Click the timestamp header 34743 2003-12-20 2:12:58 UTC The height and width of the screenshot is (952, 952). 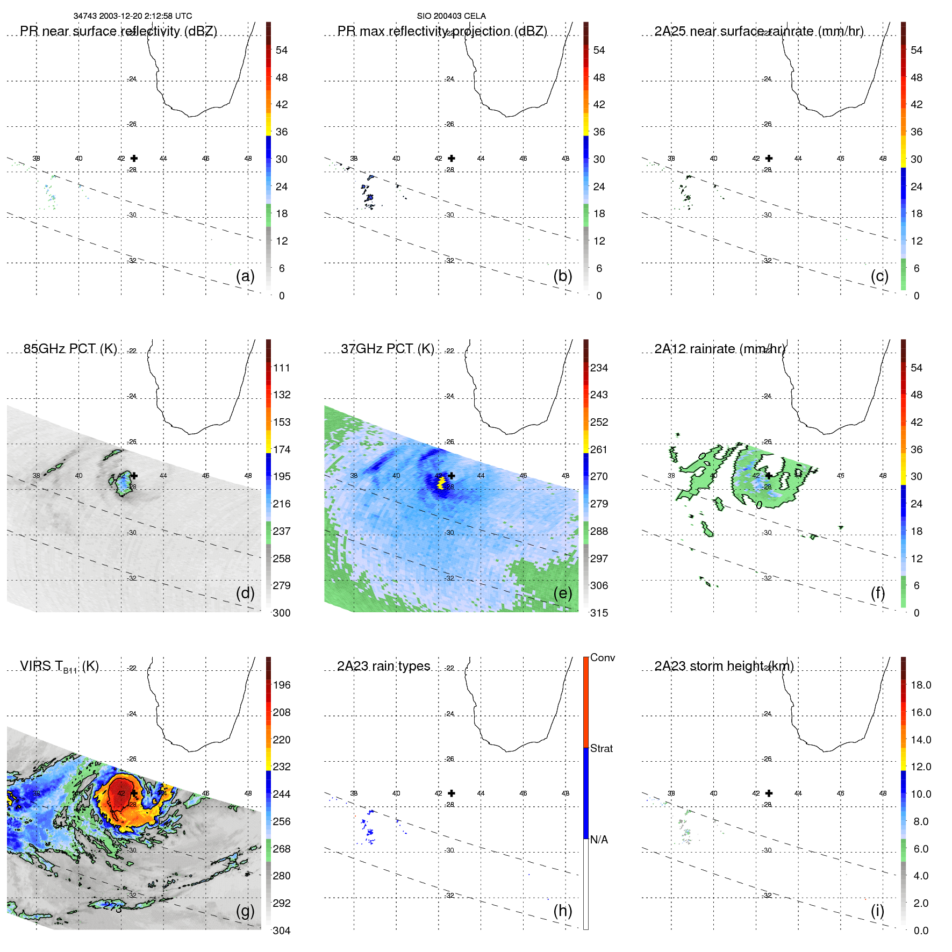click(132, 16)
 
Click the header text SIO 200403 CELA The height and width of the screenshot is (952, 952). click(451, 16)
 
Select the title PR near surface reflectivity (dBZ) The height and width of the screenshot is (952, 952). click(118, 31)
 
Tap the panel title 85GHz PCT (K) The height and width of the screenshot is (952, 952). click(70, 349)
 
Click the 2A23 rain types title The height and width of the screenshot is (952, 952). click(383, 666)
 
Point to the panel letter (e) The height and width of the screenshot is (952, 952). click(562, 593)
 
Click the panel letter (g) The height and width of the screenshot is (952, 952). click(245, 911)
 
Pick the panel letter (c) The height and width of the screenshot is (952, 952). click(879, 276)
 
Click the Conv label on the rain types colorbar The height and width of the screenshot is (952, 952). click(602, 657)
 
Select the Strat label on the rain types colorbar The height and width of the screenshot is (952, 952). click(601, 748)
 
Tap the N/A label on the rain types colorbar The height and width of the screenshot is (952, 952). click(599, 840)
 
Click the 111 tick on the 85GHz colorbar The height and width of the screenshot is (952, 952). click(281, 368)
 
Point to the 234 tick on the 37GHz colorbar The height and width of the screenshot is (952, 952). click(599, 368)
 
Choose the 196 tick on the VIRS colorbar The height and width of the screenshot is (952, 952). click(281, 685)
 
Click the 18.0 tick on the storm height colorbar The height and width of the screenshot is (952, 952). click(920, 685)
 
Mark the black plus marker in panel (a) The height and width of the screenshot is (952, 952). click(134, 158)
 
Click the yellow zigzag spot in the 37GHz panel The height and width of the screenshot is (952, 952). click(441, 483)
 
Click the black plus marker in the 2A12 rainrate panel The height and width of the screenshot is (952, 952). click(769, 476)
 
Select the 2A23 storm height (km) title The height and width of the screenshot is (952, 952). click(724, 666)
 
